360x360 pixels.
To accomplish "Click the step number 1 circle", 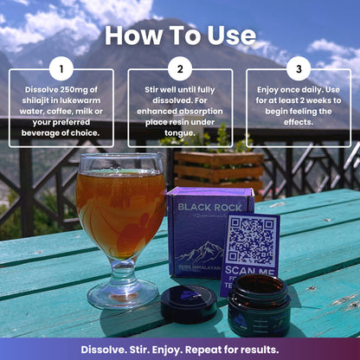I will point(61,69).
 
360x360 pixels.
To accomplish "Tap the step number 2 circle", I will point(180,69).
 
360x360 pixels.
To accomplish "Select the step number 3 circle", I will point(299,69).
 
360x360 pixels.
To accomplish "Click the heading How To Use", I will point(180,36).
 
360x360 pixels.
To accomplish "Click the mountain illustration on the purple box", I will point(202,253).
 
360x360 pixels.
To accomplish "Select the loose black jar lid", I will point(188,303).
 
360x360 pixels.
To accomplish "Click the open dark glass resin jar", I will point(259,305).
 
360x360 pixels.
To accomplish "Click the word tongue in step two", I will point(180,133).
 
